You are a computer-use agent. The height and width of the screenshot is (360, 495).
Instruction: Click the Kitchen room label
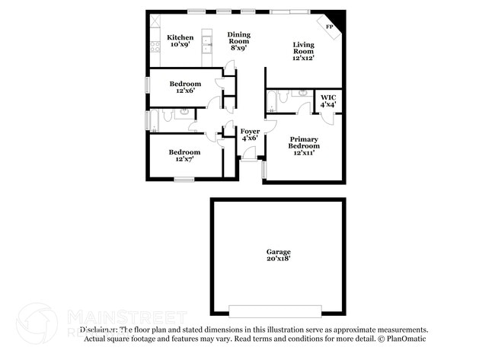click(x=180, y=37)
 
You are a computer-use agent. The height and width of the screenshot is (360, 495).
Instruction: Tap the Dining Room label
click(x=238, y=38)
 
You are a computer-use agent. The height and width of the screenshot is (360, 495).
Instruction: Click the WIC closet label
click(x=328, y=97)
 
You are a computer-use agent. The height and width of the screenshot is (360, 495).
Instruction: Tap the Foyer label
click(x=251, y=132)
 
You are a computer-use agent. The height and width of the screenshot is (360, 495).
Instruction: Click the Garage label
click(x=278, y=252)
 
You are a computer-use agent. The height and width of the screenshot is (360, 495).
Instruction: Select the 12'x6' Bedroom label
click(x=185, y=84)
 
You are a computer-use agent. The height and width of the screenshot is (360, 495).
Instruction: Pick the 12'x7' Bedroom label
click(x=185, y=152)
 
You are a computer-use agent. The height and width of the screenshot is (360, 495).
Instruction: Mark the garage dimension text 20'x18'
click(x=278, y=260)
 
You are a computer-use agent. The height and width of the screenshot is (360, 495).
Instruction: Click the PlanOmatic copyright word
click(x=407, y=338)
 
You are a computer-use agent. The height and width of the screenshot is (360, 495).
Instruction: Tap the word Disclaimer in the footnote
click(x=100, y=330)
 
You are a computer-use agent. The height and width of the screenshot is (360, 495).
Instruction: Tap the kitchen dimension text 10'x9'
click(x=180, y=45)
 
